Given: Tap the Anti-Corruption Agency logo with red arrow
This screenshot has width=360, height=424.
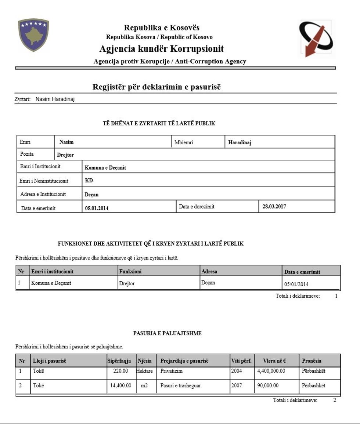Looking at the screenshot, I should (316, 39).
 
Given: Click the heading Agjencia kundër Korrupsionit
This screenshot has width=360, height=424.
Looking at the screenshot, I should (161, 49).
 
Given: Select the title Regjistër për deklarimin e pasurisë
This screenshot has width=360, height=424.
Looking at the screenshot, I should (156, 87).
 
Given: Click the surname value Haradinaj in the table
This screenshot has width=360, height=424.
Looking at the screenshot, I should (240, 143).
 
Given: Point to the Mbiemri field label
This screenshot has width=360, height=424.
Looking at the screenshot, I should (184, 143).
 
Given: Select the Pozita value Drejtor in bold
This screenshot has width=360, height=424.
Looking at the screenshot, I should (65, 155).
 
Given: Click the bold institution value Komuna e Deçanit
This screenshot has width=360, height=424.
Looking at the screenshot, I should (105, 167).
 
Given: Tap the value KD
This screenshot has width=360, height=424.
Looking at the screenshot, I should (89, 181).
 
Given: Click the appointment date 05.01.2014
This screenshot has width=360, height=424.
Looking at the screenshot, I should (97, 208).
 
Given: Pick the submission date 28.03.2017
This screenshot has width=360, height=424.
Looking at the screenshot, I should (274, 206).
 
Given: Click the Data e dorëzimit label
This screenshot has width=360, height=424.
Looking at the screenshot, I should (197, 207).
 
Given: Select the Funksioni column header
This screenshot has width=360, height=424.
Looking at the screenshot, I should (130, 272).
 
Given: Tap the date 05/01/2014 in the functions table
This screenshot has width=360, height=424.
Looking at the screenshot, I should (297, 284).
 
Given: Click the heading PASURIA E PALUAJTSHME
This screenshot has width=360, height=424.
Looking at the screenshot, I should (167, 333).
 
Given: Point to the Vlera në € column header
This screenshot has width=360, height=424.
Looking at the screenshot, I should (274, 361).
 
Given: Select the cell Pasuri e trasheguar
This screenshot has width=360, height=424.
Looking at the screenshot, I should (180, 386).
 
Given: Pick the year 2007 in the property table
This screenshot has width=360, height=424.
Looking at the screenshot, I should (237, 386).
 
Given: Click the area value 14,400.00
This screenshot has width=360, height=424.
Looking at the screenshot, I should (120, 386).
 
